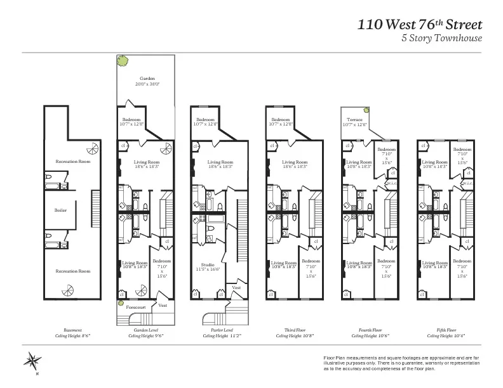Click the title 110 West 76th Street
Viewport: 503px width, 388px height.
point(420,25)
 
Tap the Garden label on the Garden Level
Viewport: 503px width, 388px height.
point(147,79)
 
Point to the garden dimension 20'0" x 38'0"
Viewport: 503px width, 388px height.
point(147,84)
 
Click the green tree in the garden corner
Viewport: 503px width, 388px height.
point(122,61)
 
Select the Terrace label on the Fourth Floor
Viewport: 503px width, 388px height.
point(354,119)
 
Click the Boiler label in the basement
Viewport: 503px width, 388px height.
point(61,209)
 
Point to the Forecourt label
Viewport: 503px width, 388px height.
point(135,307)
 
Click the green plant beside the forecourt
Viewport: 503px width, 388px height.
point(119,304)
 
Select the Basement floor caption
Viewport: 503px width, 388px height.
point(72,330)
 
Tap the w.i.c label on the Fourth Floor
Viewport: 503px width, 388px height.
point(391,184)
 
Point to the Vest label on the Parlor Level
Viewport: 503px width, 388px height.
point(236,287)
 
